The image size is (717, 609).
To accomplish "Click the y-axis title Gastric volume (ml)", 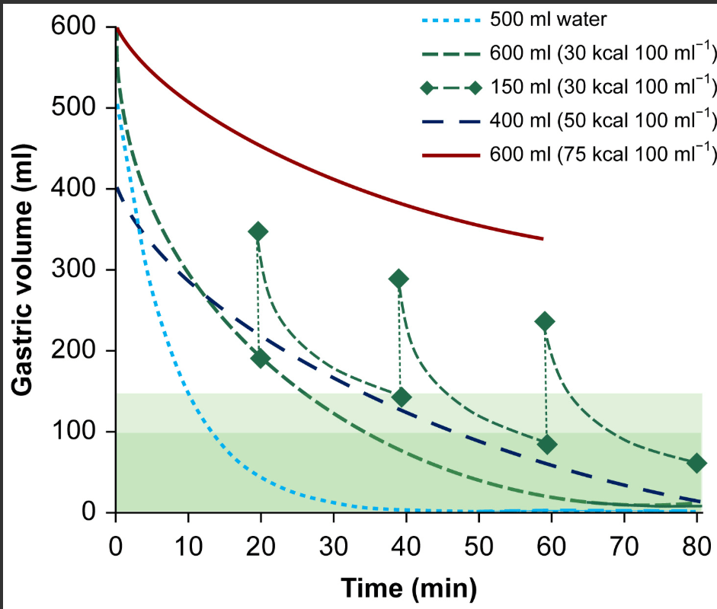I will (x=24, y=271).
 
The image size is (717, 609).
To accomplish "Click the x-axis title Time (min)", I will (x=408, y=588).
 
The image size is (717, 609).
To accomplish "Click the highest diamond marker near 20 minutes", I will (x=258, y=231).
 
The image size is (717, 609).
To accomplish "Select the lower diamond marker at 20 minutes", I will (x=261, y=359).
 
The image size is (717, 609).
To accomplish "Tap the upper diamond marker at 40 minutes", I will (x=399, y=279).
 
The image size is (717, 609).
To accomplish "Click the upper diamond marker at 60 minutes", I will (x=545, y=321).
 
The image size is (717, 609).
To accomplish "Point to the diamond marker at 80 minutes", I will (x=696, y=463).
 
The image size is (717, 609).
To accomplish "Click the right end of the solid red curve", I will (x=543, y=238).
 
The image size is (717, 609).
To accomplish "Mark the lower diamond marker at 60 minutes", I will (x=547, y=445).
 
